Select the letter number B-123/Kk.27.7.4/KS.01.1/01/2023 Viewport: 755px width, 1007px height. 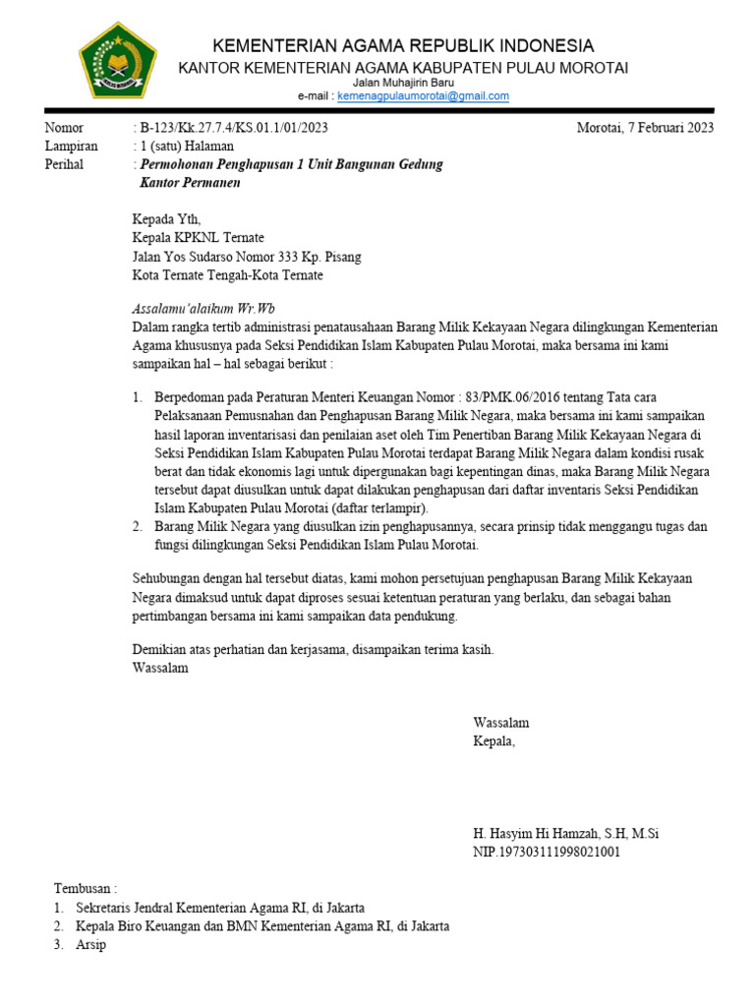coord(234,128)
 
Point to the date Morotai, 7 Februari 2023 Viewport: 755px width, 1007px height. coord(645,128)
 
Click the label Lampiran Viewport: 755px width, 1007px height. coord(71,147)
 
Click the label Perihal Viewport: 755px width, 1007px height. coord(65,164)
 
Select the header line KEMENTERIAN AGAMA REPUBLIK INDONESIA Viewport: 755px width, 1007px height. coord(404,46)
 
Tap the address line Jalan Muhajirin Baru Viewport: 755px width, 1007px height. coord(403,83)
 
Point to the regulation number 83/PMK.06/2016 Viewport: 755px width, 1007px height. coord(534,398)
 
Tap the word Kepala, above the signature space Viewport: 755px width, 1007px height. coord(494,741)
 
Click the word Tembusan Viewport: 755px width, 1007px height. coord(85,889)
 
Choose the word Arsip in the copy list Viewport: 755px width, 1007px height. coord(90,944)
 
